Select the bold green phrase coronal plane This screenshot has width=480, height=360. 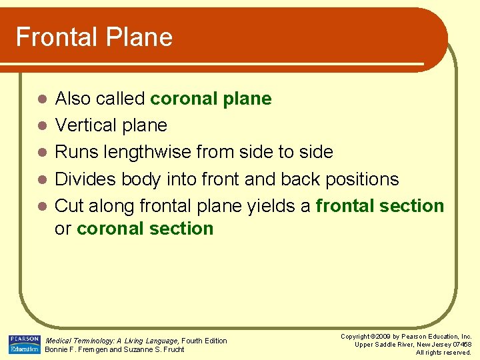tap(211, 99)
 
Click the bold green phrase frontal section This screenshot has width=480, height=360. tap(380, 205)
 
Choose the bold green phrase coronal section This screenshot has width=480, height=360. tap(145, 229)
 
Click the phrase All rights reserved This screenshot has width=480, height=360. tap(443, 352)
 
